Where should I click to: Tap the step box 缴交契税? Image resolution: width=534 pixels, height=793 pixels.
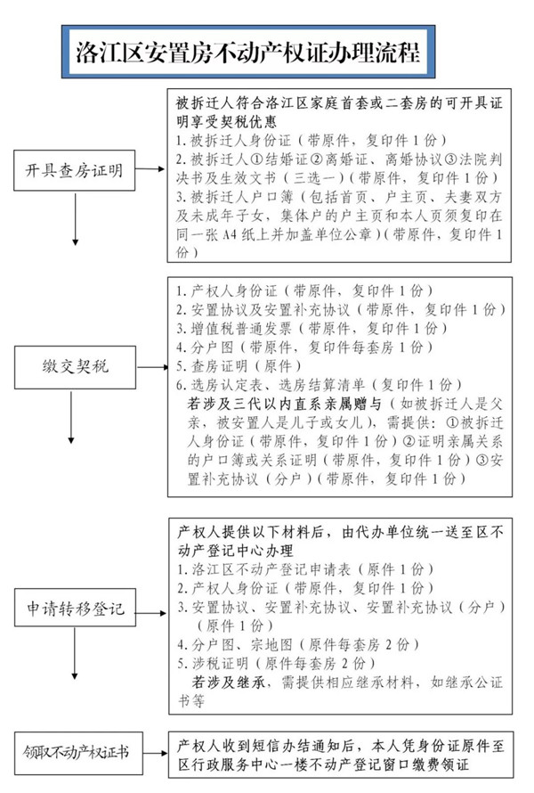pyautogui.click(x=73, y=366)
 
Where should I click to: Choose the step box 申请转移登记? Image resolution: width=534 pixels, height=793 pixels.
pyautogui.click(x=73, y=612)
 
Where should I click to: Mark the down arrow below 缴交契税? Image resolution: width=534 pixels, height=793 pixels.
pyautogui.click(x=75, y=423)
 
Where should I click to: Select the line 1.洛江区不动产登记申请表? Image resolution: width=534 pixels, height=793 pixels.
pyautogui.click(x=303, y=568)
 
